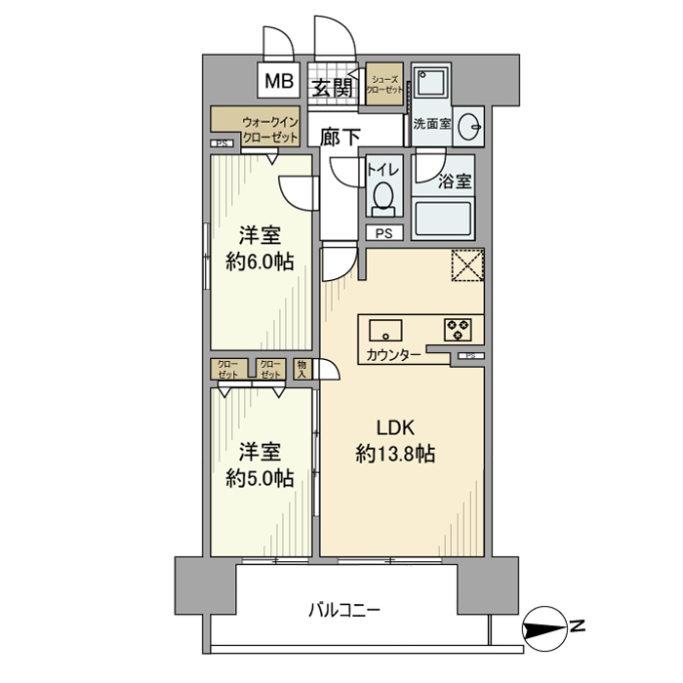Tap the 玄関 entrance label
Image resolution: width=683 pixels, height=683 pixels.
(332, 87)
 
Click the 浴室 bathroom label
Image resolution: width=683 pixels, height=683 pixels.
(455, 181)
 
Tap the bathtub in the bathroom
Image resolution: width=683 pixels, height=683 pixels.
(443, 220)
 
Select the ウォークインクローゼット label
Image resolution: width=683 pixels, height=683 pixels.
(270, 131)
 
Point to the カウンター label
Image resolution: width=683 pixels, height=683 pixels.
(393, 355)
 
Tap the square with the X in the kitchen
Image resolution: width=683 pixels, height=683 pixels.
(467, 265)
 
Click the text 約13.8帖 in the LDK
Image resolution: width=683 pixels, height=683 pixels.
(395, 454)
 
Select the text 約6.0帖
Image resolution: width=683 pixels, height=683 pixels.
(260, 261)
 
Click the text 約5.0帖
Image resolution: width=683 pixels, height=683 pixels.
(260, 478)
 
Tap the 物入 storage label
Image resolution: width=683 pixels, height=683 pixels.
(302, 369)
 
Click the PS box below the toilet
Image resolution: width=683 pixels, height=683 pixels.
(384, 232)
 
